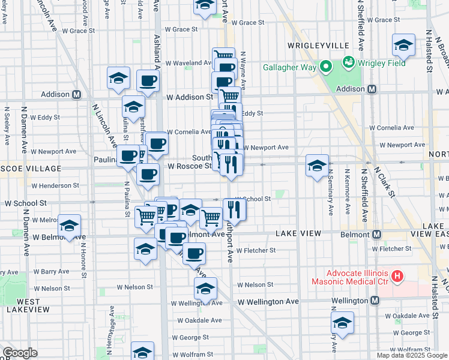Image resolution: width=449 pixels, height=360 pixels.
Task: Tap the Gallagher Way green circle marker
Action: pos(326,67)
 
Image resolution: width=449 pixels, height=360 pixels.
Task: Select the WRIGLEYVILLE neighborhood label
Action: pos(310,46)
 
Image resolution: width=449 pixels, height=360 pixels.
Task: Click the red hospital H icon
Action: pos(396,277)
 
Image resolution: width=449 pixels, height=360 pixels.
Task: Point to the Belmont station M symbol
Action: pos(377,234)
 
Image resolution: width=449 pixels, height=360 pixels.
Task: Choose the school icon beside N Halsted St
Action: pos(403,46)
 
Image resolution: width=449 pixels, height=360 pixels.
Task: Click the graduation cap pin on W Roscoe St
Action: pos(317,166)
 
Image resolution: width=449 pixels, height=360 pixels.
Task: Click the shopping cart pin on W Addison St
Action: pos(229,96)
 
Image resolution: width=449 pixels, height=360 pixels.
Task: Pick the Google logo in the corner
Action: pos(20,353)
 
